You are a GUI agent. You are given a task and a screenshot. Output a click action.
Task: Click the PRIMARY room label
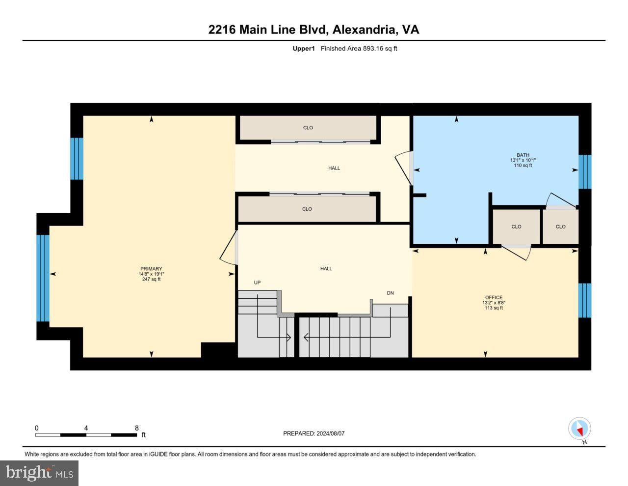(151, 269)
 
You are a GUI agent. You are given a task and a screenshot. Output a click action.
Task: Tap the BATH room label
(523, 155)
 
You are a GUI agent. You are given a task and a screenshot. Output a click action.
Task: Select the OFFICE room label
(494, 297)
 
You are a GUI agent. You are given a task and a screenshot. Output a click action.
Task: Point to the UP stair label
(257, 283)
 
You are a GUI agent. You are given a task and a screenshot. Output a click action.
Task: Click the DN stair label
(390, 293)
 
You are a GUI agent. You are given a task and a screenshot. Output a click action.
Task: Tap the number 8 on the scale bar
(136, 428)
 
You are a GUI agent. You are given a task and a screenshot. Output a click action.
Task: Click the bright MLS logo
(39, 473)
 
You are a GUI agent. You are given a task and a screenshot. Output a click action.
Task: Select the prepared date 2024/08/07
(330, 433)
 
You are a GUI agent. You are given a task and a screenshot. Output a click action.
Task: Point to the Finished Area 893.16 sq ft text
(359, 48)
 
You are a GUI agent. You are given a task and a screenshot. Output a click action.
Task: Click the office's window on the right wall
(585, 300)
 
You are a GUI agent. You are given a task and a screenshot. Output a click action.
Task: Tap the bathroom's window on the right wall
(585, 172)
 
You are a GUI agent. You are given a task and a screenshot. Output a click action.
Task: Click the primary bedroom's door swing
(228, 248)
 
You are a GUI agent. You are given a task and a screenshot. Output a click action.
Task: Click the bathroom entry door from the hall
(404, 168)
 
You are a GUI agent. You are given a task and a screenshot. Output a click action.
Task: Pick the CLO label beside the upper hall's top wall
(308, 128)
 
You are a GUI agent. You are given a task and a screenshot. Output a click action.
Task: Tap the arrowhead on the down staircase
(306, 338)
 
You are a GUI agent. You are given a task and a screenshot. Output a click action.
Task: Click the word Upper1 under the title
(303, 48)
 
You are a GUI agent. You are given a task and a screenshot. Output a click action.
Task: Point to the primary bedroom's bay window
(43, 278)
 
